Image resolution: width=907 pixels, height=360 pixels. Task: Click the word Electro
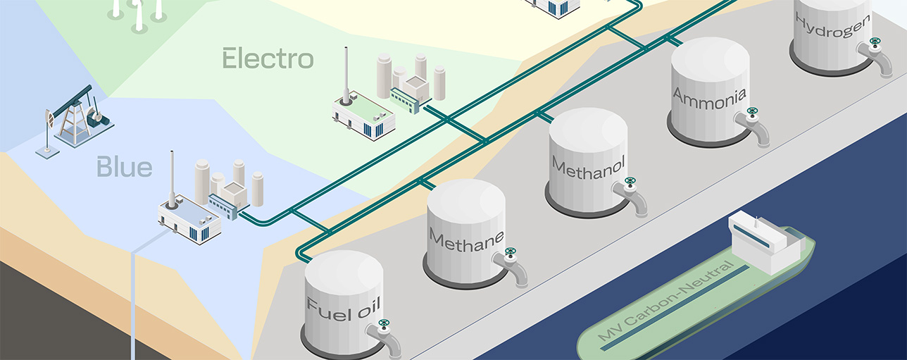[x=268, y=58]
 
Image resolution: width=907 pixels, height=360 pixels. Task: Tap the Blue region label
[x=124, y=167]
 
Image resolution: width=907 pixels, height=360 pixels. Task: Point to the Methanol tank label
[x=589, y=167]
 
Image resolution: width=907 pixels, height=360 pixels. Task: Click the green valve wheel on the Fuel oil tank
[x=384, y=325]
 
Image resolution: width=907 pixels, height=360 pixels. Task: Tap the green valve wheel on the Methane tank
[x=510, y=252]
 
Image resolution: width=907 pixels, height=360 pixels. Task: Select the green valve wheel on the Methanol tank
[x=630, y=182]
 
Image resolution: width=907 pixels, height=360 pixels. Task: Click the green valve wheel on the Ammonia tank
[x=752, y=111]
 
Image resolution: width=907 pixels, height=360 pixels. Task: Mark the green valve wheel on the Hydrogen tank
[x=875, y=42]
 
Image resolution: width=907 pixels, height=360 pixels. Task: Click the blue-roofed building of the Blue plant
[x=188, y=218]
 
